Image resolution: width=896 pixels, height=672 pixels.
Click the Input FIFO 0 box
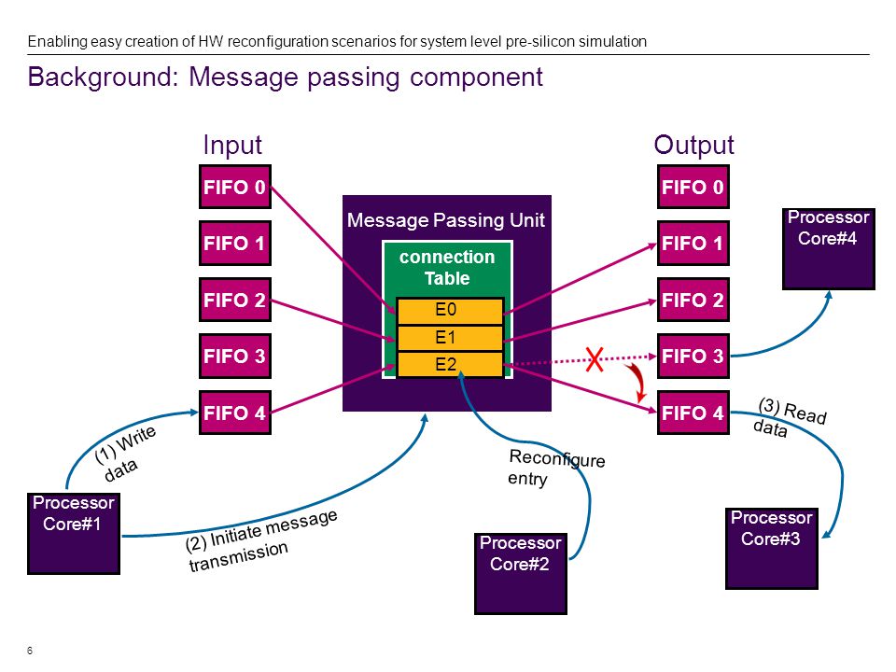coord(235,187)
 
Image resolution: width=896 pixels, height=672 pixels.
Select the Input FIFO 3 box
coord(235,356)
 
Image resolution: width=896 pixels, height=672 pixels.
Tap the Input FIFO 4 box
coord(235,413)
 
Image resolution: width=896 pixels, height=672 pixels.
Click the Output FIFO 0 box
coord(693,187)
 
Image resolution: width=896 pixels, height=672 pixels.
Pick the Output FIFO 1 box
coord(693,243)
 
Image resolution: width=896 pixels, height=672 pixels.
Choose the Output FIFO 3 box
coord(693,356)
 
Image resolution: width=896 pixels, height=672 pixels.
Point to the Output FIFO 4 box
coord(693,413)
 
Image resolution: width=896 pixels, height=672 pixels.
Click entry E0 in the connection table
coord(450,311)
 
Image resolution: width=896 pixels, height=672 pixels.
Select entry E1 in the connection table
coord(450,338)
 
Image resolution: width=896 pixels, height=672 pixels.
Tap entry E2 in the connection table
coord(450,365)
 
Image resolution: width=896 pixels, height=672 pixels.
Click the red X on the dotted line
coord(595,359)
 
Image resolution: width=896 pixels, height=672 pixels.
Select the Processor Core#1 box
coord(74,534)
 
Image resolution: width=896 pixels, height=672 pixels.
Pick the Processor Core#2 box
coord(521,574)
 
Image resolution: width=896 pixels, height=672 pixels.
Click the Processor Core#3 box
coord(772,549)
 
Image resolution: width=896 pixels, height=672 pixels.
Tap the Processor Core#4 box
coord(829,249)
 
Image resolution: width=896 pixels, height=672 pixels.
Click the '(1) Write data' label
coord(124,454)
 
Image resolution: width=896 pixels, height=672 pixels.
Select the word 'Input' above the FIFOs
coord(232,146)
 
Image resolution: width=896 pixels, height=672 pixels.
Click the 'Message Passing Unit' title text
coord(446,220)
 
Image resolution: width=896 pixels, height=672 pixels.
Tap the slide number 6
coord(30,651)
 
